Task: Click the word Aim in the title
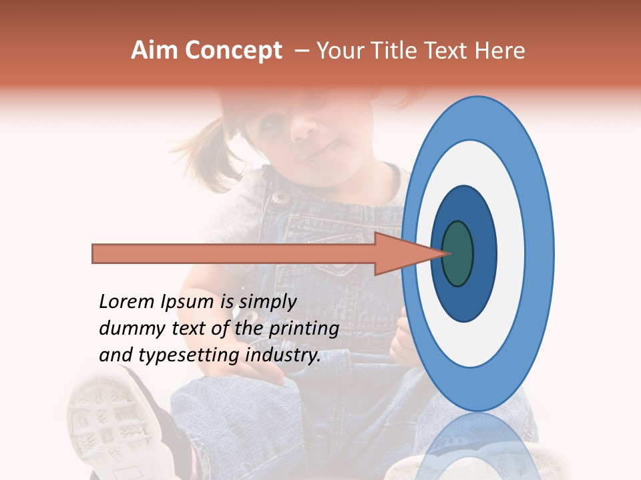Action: coord(155,51)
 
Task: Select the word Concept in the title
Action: coord(234,51)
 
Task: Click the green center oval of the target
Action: coord(457,253)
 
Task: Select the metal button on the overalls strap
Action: coord(280,196)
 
